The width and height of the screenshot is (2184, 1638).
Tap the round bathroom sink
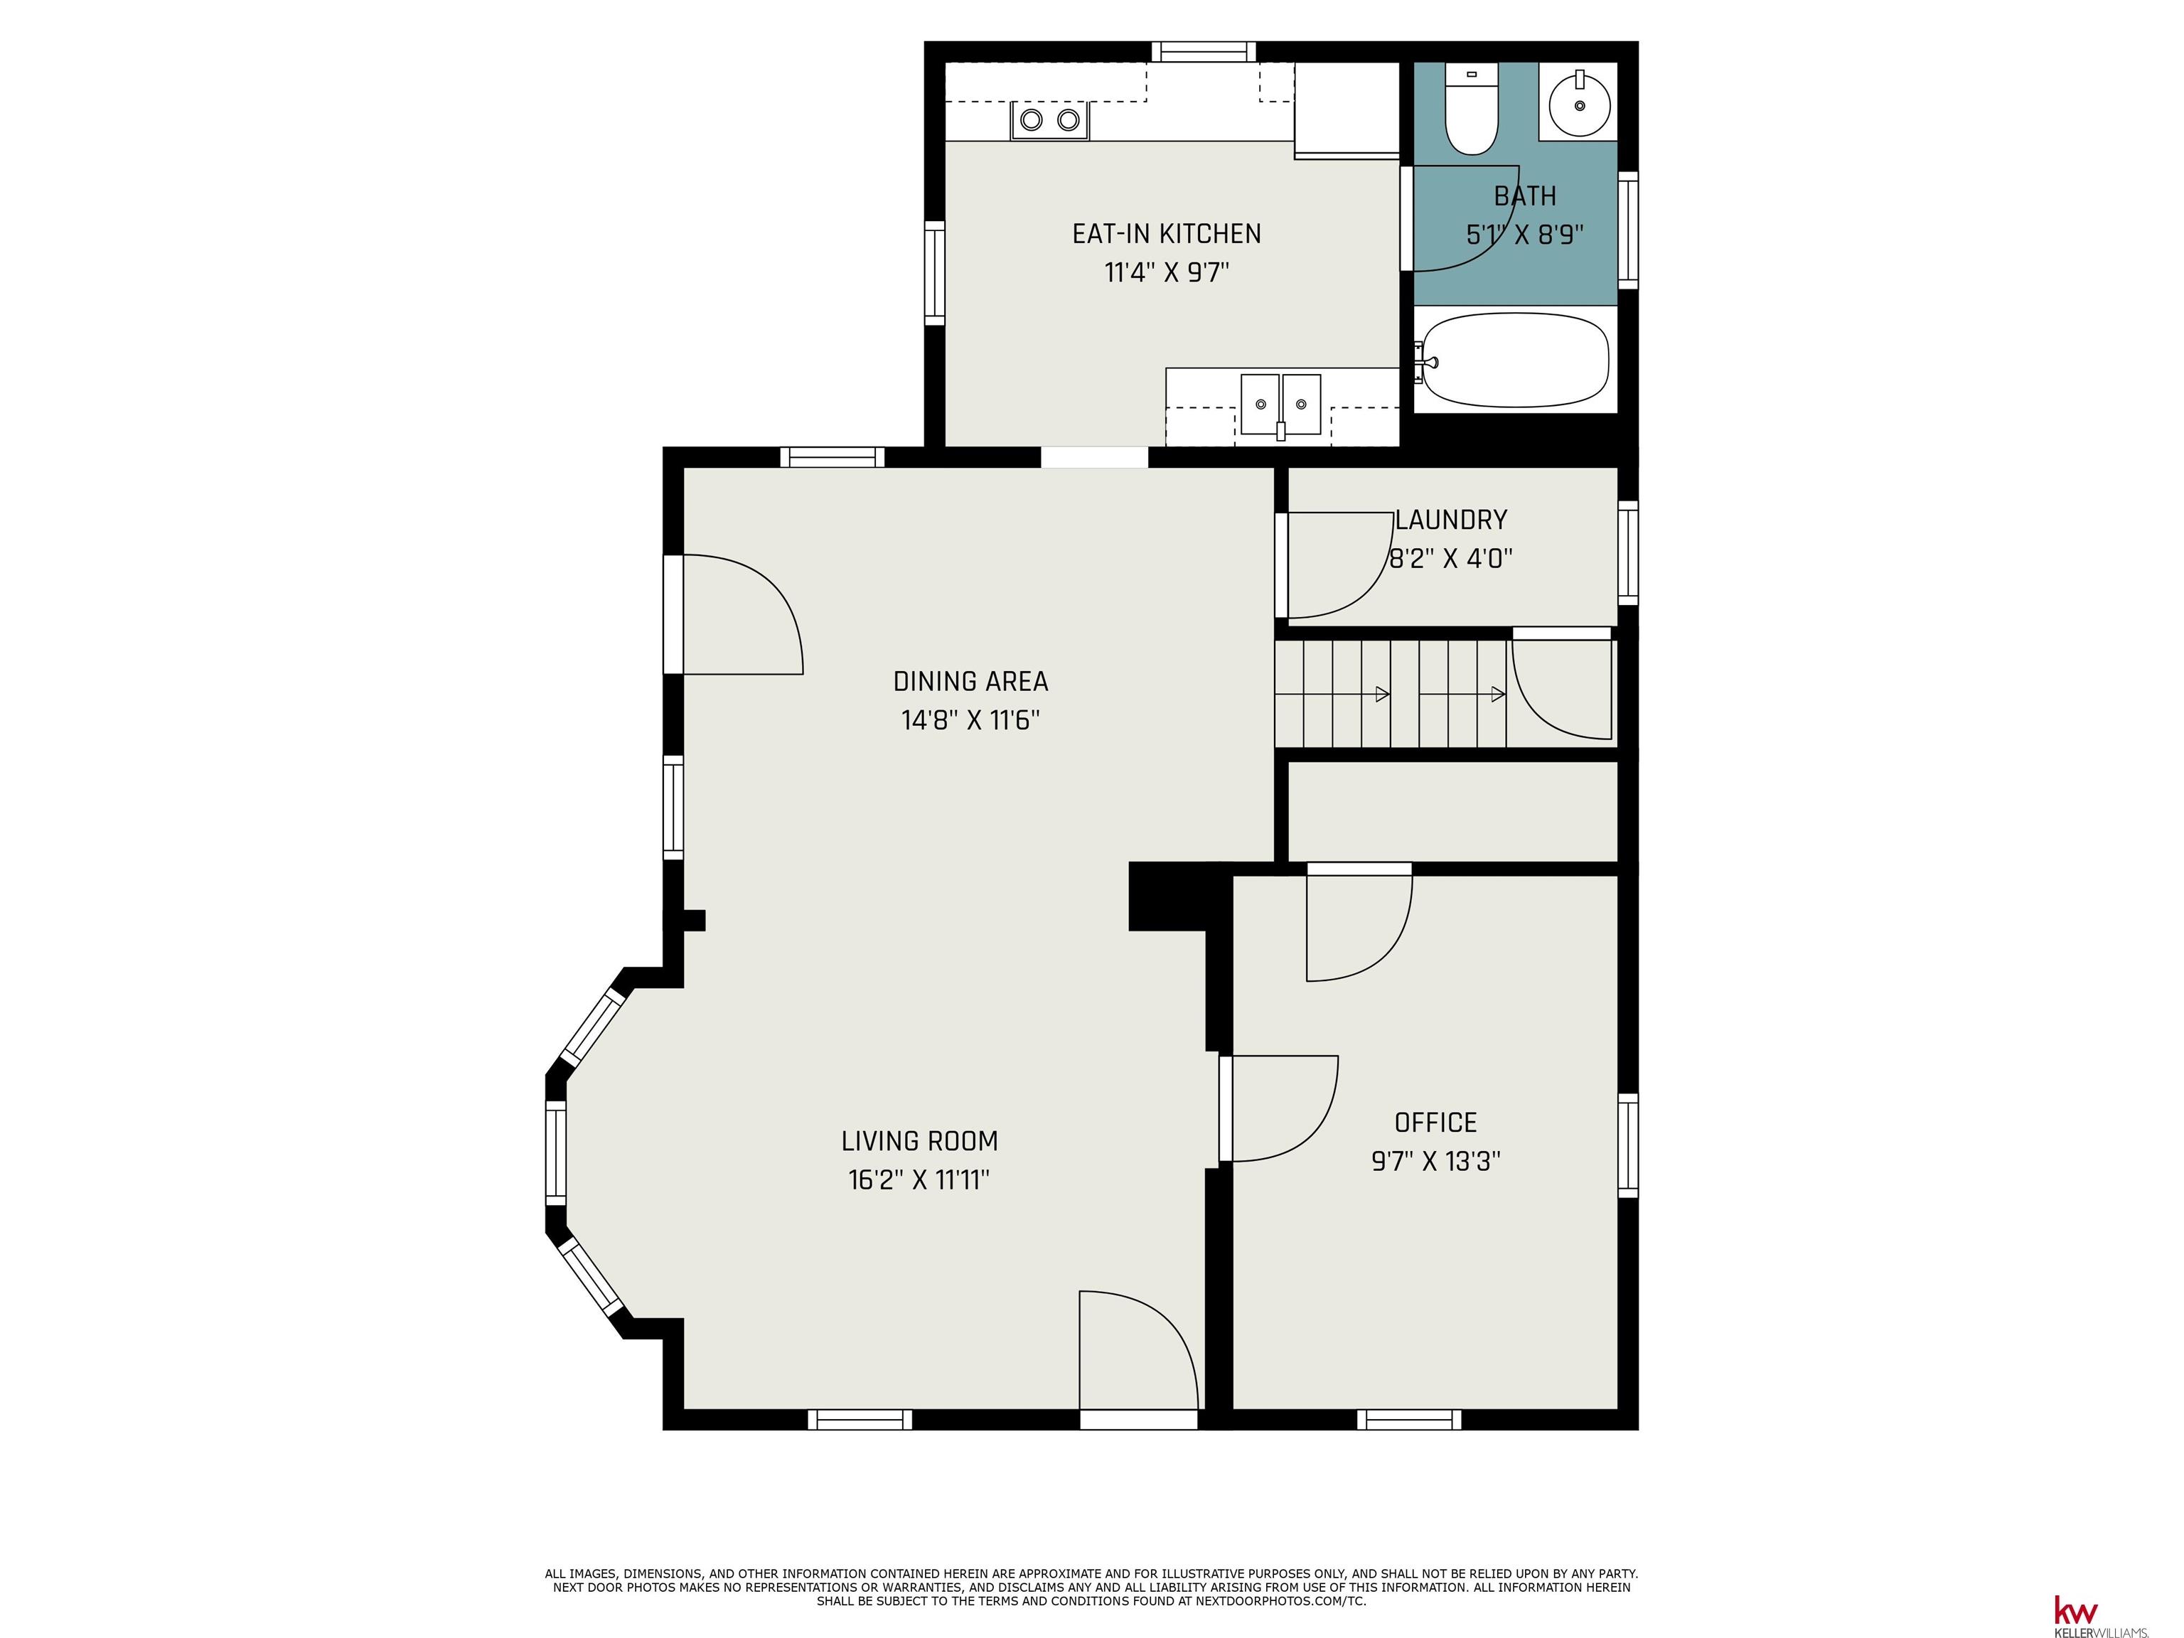(x=1579, y=102)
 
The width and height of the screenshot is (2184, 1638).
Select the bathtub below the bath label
(x=1516, y=360)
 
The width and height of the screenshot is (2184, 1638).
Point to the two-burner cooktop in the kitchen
(x=1049, y=120)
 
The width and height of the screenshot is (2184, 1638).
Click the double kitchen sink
(x=1280, y=405)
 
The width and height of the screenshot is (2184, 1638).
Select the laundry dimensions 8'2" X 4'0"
(x=1450, y=559)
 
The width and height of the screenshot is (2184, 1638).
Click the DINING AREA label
(x=970, y=681)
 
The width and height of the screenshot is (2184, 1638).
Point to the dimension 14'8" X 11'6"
(x=970, y=719)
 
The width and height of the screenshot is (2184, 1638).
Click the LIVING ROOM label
(x=919, y=1141)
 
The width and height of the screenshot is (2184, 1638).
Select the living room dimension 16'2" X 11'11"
(x=919, y=1180)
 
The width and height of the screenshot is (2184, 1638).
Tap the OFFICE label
(x=1435, y=1123)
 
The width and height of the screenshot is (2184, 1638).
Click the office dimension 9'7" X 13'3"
(x=1435, y=1161)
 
